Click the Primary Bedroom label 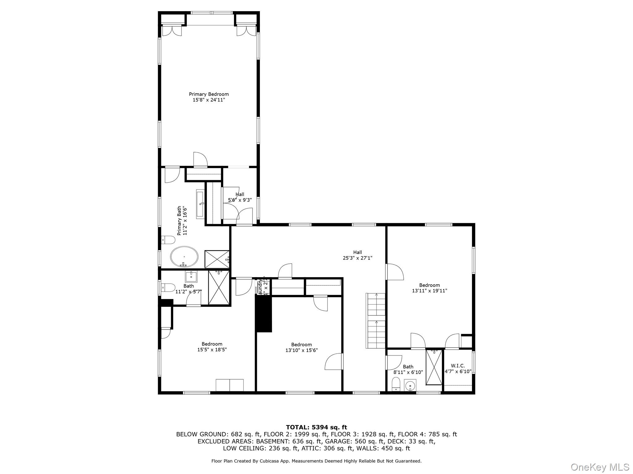[x=209, y=94]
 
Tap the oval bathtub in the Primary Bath [x=184, y=256]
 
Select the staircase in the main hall [x=376, y=320]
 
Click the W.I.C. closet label [x=458, y=366]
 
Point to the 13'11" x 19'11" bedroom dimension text [x=429, y=291]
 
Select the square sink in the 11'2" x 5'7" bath [x=191, y=276]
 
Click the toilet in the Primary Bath [x=168, y=239]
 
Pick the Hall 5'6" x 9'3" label [x=240, y=197]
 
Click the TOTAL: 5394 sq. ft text [x=316, y=427]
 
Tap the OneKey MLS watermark [x=600, y=467]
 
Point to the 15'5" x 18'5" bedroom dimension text [x=212, y=350]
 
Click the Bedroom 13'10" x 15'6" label [x=301, y=347]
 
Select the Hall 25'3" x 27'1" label [x=357, y=255]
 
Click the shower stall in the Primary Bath [x=217, y=259]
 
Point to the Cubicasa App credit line [x=316, y=461]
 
